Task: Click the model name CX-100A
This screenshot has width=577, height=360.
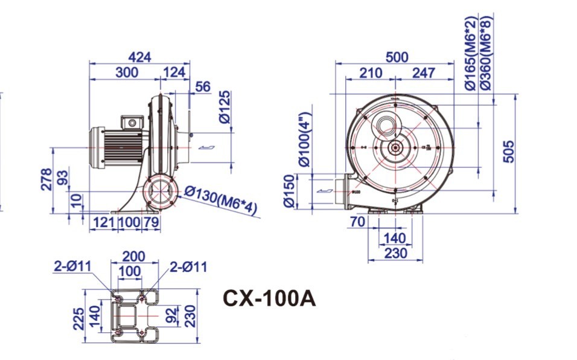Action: click(269, 298)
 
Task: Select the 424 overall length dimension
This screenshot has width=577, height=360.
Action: click(139, 57)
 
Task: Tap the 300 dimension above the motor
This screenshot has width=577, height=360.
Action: click(126, 72)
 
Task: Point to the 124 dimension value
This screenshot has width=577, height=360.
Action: click(174, 72)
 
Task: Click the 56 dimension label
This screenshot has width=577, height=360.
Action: click(203, 87)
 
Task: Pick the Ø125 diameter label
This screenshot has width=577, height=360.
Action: click(225, 107)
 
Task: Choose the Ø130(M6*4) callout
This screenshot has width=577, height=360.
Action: click(221, 199)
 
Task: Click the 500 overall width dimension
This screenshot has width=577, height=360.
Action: click(397, 57)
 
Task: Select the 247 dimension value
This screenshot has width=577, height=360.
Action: click(424, 73)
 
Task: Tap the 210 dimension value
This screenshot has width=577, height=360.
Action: click(370, 73)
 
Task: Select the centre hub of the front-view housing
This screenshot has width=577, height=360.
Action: click(395, 147)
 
